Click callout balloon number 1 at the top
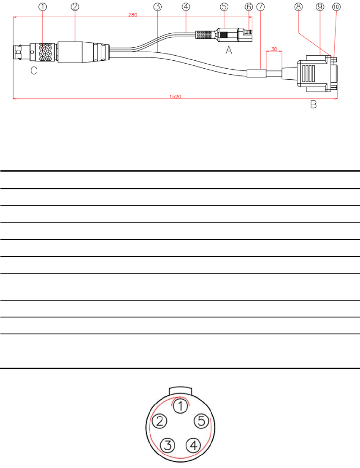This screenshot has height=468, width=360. pos(43,7)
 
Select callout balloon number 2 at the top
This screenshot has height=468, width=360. pos(75,7)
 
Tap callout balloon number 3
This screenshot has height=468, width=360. pos(157,7)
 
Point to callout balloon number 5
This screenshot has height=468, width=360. pos(224,7)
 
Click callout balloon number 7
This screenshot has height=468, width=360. pos(260,7)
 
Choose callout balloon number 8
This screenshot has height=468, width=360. pos(298,7)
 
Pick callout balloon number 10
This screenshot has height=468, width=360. pos(336,7)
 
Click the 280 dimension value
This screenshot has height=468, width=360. pos(133,15)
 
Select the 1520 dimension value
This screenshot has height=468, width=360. pos(176,97)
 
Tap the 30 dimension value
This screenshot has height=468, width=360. pos(274,49)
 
